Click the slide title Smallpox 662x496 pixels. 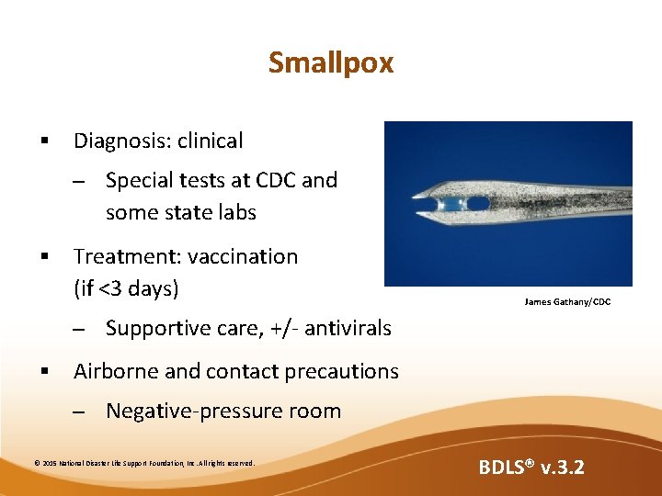pos(330,62)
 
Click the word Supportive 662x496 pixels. pos(154,328)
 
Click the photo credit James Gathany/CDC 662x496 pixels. pos(566,302)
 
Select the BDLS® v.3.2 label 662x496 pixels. pos(531,468)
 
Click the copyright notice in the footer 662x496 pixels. pos(144,464)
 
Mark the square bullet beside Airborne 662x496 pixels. pos(43,372)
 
